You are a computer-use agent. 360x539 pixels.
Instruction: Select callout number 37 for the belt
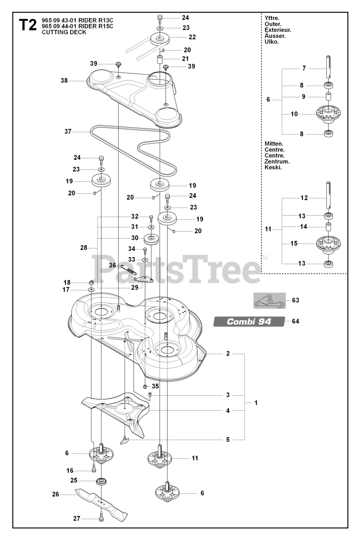tap(67, 132)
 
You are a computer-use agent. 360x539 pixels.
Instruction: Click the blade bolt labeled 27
tap(101, 518)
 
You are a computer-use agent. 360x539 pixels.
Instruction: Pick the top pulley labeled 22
tap(160, 39)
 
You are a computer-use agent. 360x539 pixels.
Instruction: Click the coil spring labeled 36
tap(127, 268)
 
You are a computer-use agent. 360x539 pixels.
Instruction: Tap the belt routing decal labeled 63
tap(269, 301)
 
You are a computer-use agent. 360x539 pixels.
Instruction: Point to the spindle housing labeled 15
tap(328, 243)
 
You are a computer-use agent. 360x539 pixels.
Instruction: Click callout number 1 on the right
tap(256, 403)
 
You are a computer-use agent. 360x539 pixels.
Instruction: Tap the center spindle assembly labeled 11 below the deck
tap(161, 458)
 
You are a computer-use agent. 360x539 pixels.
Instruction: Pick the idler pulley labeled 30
tap(150, 239)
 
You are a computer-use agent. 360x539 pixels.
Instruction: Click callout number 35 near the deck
tap(155, 386)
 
